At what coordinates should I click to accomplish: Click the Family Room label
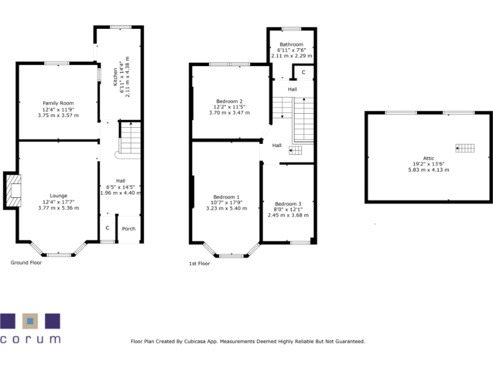pyautogui.click(x=58, y=103)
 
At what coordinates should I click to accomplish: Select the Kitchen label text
pyautogui.click(x=116, y=76)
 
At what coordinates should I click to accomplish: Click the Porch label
pyautogui.click(x=129, y=229)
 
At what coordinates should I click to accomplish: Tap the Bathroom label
pyautogui.click(x=291, y=44)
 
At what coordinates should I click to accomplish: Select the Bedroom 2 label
pyautogui.click(x=229, y=101)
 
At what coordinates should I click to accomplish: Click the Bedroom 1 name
pyautogui.click(x=226, y=197)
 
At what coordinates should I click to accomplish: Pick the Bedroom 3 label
pyautogui.click(x=288, y=204)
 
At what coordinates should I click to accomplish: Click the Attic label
pyautogui.click(x=428, y=158)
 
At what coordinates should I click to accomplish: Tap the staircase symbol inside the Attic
pyautogui.click(x=466, y=149)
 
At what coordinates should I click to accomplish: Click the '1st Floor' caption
pyautogui.click(x=199, y=263)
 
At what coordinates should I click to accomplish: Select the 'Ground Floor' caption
pyautogui.click(x=26, y=262)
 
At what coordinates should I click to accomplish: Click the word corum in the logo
pyautogui.click(x=30, y=339)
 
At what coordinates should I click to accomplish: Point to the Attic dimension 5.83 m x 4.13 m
pyautogui.click(x=428, y=170)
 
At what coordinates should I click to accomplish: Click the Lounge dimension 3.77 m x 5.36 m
pyautogui.click(x=58, y=207)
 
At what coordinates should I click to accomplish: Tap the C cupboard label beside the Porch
pyautogui.click(x=107, y=229)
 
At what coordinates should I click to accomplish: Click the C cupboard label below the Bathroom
pyautogui.click(x=303, y=73)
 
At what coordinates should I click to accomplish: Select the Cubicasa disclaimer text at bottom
pyautogui.click(x=247, y=342)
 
